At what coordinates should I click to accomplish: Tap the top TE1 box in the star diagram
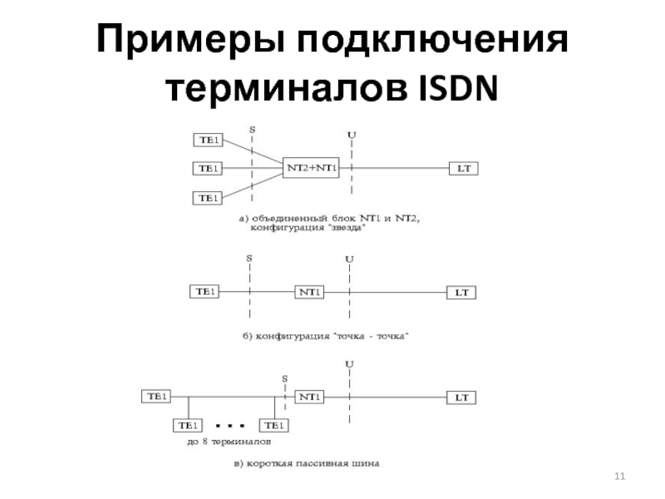(207, 138)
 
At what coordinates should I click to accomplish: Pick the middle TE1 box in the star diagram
(207, 168)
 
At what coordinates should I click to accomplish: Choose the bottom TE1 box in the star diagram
(207, 198)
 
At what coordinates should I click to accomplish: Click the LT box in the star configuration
(463, 168)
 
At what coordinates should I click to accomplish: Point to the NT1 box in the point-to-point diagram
(310, 293)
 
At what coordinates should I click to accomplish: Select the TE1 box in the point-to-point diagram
(207, 292)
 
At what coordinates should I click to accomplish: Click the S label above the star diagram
(252, 130)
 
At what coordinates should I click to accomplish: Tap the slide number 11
(618, 476)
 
